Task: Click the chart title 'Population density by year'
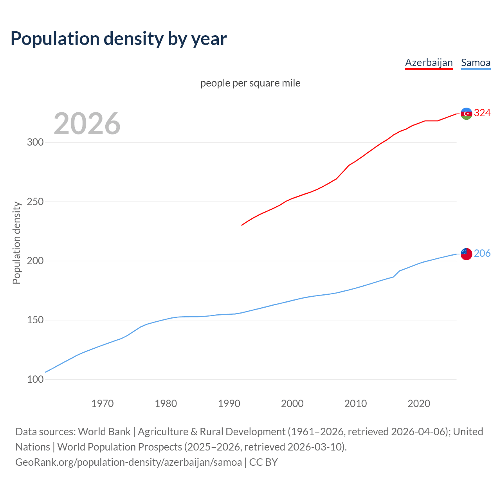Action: point(119,39)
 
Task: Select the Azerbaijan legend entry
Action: point(429,63)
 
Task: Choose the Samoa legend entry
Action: point(476,63)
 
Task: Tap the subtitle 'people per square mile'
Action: point(250,83)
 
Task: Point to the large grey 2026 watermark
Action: point(87,124)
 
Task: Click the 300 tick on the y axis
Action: point(35,142)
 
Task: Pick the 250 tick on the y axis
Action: point(35,202)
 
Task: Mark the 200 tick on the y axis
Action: point(35,261)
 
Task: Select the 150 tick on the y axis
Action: point(35,320)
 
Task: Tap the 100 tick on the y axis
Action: point(35,379)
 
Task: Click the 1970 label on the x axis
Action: point(103,404)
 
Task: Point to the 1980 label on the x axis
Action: point(166,404)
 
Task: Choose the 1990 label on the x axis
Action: point(229,404)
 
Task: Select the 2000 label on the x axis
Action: point(292,404)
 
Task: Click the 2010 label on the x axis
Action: point(355,404)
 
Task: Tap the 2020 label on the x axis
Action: point(419,404)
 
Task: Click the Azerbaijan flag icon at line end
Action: point(466,114)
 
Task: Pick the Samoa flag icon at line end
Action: point(466,254)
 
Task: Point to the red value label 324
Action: point(482,113)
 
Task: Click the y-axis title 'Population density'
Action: point(16,243)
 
